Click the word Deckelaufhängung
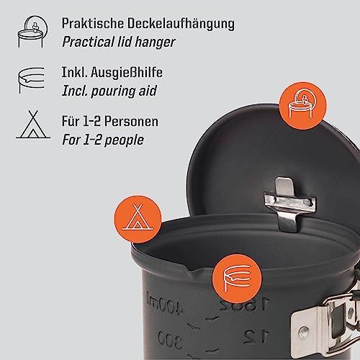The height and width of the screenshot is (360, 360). [181, 24]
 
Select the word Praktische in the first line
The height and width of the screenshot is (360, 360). [93, 23]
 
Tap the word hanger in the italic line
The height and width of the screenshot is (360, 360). [155, 42]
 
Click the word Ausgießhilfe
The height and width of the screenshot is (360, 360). [127, 73]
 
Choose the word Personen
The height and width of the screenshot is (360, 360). [131, 121]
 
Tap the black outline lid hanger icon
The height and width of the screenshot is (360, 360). [33, 32]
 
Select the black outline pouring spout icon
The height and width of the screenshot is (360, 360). [32, 80]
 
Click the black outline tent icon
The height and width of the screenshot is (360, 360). [33, 125]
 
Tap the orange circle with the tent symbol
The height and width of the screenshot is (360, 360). [138, 219]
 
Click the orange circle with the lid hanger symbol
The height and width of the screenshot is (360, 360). [303, 106]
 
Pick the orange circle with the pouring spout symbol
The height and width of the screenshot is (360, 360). [237, 279]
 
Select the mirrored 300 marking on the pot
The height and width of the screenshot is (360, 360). [170, 339]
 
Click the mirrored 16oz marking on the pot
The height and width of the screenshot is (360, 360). [243, 304]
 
